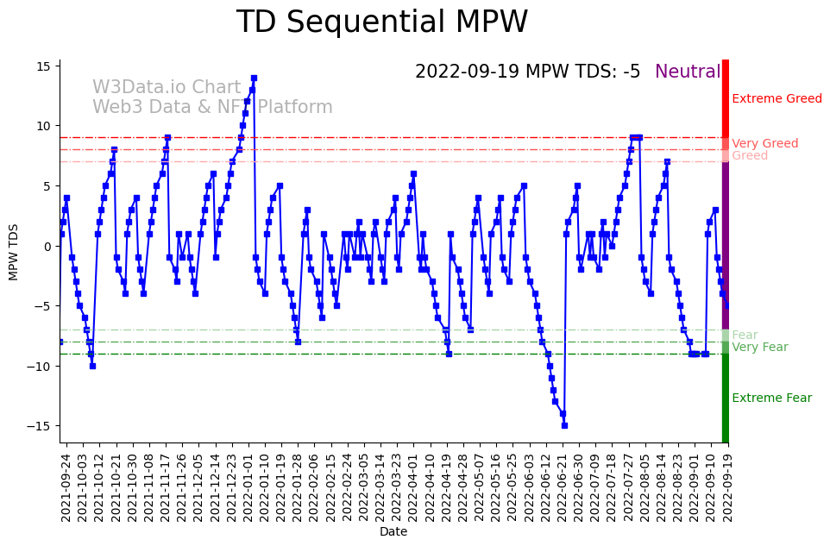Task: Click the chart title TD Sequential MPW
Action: [381, 22]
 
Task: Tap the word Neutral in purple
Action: [688, 72]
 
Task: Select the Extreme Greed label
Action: [777, 99]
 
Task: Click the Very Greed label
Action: [764, 144]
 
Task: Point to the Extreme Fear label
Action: [771, 399]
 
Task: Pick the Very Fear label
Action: [759, 348]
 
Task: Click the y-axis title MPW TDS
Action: [14, 251]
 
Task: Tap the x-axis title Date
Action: [393, 532]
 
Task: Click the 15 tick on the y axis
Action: [44, 66]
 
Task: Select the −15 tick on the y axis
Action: [41, 426]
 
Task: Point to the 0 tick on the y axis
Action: [48, 246]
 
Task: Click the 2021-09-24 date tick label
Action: [66, 486]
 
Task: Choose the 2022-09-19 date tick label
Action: [728, 486]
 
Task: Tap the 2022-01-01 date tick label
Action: [248, 486]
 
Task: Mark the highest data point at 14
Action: [254, 78]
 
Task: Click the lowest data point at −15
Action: [564, 425]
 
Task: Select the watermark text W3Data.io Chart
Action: [167, 88]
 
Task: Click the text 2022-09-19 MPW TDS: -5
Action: [527, 72]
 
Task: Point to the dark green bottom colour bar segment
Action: [726, 397]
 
